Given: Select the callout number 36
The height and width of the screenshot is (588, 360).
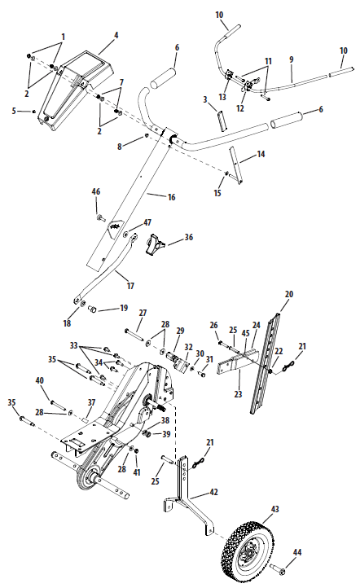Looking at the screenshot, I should point(189,238).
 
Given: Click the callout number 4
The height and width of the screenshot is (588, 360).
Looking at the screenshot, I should point(116,35).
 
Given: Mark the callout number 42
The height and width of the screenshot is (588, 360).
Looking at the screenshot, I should point(215,492).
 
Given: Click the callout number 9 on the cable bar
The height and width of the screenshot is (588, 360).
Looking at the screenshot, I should point(291,59).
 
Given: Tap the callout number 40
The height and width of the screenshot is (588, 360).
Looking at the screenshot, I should point(38,380).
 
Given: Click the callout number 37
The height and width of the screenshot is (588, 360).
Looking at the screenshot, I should point(91,402).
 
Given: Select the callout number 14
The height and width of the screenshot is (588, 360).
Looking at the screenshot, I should point(261,153).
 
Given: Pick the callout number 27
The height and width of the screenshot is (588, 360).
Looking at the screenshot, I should point(142,313).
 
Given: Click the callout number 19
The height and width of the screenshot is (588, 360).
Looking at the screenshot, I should point(124,308).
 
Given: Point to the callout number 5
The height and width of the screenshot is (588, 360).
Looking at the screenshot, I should point(14,111).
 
